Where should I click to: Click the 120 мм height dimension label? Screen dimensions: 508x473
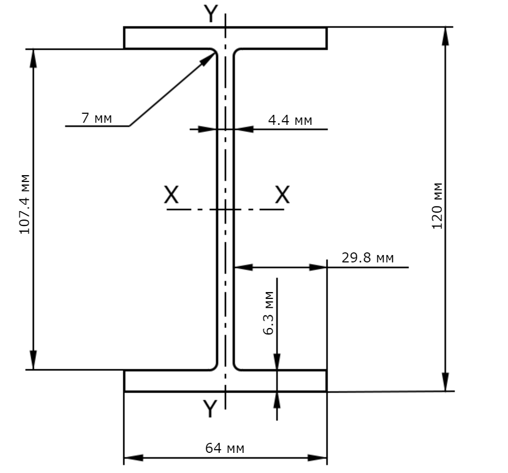(x=437, y=206)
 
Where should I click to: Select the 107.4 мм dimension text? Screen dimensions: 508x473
(x=25, y=204)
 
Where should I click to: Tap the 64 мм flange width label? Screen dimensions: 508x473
(x=225, y=448)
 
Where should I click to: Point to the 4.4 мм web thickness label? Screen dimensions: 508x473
(x=291, y=120)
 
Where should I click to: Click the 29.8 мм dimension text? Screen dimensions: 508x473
(x=368, y=258)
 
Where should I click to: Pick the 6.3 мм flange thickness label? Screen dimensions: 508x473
(x=269, y=313)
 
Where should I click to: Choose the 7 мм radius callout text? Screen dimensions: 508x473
(x=96, y=119)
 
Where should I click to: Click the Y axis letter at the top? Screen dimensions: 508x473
(x=211, y=14)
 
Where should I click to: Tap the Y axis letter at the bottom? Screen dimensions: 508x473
(x=210, y=408)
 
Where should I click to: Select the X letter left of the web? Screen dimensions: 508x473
(x=171, y=194)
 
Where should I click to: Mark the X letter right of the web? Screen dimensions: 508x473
(x=283, y=194)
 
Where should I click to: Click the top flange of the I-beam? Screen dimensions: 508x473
(x=225, y=38)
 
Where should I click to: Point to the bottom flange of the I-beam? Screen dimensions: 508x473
(x=225, y=381)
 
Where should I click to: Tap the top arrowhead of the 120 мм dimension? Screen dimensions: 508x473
(x=446, y=37)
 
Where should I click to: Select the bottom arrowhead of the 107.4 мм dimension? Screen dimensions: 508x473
(x=33, y=360)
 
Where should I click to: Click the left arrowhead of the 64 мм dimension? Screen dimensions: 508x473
(x=133, y=458)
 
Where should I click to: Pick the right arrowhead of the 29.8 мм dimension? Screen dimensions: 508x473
(x=318, y=267)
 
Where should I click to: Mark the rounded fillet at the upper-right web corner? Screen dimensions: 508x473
(x=237, y=53)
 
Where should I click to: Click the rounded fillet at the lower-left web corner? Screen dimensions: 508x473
(x=213, y=367)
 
